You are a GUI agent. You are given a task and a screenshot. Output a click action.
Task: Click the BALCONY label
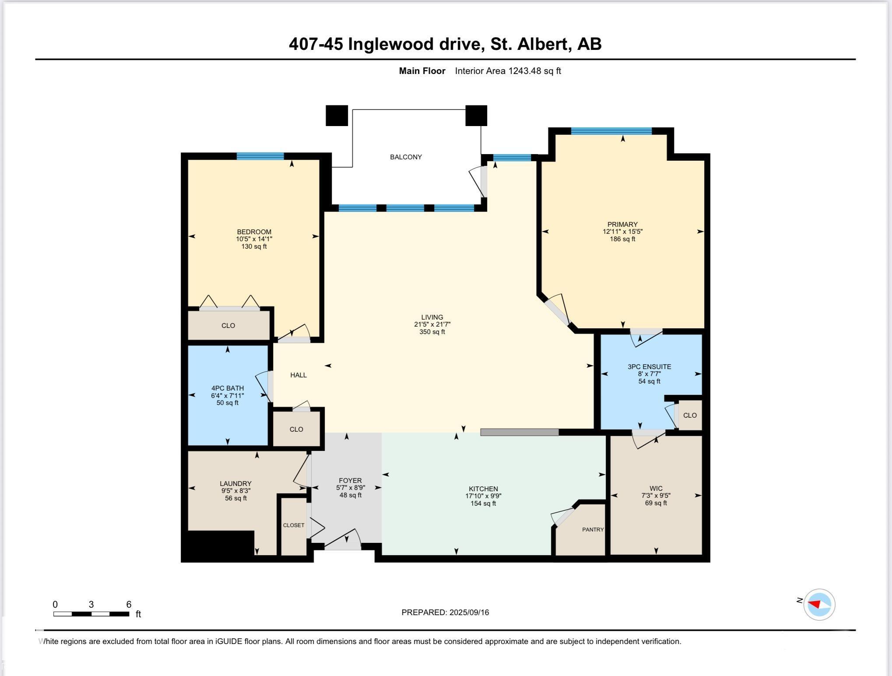point(406,157)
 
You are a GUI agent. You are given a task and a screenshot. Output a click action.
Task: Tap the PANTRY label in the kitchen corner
point(593,529)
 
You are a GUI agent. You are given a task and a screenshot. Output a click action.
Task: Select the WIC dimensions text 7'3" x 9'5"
point(656,496)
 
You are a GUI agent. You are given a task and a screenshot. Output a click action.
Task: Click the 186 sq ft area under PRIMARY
point(622,239)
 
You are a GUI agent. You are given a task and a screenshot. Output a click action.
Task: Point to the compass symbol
point(819,605)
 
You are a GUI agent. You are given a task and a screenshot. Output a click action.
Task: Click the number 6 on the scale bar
point(129,605)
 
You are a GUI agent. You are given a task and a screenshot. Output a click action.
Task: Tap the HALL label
point(299,375)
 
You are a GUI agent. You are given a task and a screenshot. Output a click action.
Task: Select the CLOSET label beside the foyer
point(293,525)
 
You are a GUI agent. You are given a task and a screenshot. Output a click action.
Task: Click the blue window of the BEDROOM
point(260,156)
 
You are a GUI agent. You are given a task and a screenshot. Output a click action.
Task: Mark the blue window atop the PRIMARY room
point(611,131)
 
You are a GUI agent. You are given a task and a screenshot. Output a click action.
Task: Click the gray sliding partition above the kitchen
point(519,432)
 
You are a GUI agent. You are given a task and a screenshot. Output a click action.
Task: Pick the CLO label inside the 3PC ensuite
point(690,415)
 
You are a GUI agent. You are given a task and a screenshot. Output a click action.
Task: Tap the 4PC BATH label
point(227,388)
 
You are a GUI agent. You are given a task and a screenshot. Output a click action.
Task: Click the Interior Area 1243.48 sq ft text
point(508,71)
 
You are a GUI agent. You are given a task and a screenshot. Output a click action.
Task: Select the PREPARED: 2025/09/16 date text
point(445,613)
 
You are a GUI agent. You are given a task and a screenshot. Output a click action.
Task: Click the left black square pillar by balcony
point(337,116)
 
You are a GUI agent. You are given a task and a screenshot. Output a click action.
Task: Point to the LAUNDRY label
point(235,484)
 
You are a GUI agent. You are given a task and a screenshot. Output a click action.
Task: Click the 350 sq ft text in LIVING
point(432,332)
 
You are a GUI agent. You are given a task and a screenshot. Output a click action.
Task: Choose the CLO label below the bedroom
point(228,326)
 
